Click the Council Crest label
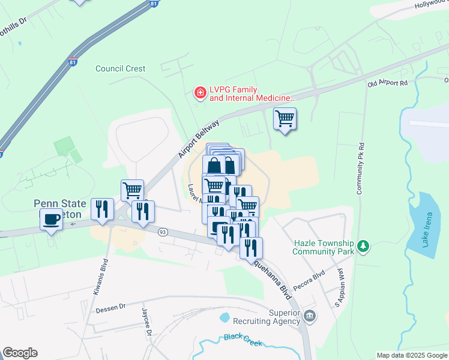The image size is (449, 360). (120, 68)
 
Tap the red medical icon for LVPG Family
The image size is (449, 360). (199, 92)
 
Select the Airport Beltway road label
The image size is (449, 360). (199, 139)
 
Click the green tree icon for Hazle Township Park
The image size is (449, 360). (363, 246)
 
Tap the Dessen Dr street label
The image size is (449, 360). (110, 307)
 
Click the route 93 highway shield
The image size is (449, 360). (162, 232)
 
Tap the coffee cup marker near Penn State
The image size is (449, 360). (51, 219)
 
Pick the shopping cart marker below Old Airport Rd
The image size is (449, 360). (285, 118)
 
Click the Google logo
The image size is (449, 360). (20, 353)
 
